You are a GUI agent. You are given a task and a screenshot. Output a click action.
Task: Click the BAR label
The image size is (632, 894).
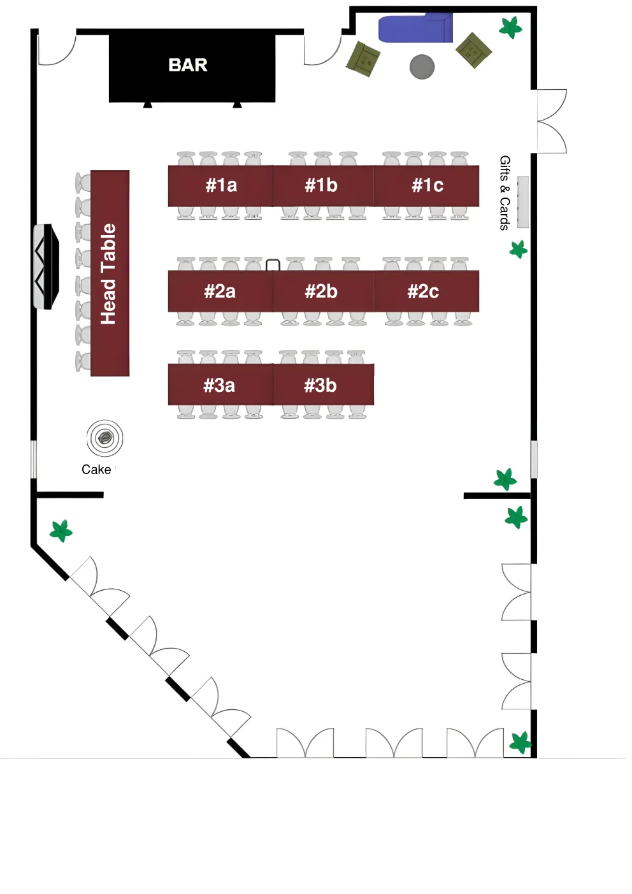[x=188, y=65]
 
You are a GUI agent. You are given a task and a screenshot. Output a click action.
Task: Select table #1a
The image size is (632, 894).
[x=220, y=185]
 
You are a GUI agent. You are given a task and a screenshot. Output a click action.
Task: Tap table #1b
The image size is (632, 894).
[x=322, y=185]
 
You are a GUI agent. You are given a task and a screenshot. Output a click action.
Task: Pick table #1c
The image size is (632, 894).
[x=427, y=185]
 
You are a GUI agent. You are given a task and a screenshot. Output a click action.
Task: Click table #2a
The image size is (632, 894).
[x=220, y=292]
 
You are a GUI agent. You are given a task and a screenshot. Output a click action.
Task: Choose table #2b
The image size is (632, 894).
[x=322, y=292]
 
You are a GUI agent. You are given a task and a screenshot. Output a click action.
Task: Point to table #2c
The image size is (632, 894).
[x=424, y=292]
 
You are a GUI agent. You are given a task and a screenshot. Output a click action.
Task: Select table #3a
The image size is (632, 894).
[x=219, y=385]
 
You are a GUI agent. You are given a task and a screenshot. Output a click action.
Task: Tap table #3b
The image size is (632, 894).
[x=320, y=385]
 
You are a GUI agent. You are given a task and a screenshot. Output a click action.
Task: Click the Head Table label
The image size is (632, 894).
[x=109, y=274]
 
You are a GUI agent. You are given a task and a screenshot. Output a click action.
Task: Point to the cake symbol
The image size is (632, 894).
[x=104, y=438]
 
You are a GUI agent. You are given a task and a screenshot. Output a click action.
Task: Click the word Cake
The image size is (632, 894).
[x=96, y=470]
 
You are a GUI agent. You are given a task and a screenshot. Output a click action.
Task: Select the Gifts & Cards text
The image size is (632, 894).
[x=505, y=192]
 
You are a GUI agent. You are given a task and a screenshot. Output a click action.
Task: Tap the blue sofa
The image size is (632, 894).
[x=415, y=29]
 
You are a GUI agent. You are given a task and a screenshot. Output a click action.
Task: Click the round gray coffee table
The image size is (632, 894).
[x=422, y=66]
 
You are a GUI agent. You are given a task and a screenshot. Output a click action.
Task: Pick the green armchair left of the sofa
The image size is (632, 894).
[x=363, y=59]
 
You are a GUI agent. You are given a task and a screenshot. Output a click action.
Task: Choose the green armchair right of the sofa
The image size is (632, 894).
[x=474, y=50]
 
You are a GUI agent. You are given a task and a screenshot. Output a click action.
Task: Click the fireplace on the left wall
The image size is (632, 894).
[x=46, y=266]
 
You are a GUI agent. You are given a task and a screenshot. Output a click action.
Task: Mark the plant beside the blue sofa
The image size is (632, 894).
[x=510, y=27]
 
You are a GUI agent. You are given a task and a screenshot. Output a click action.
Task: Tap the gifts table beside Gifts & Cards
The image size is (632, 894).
[x=523, y=202]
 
